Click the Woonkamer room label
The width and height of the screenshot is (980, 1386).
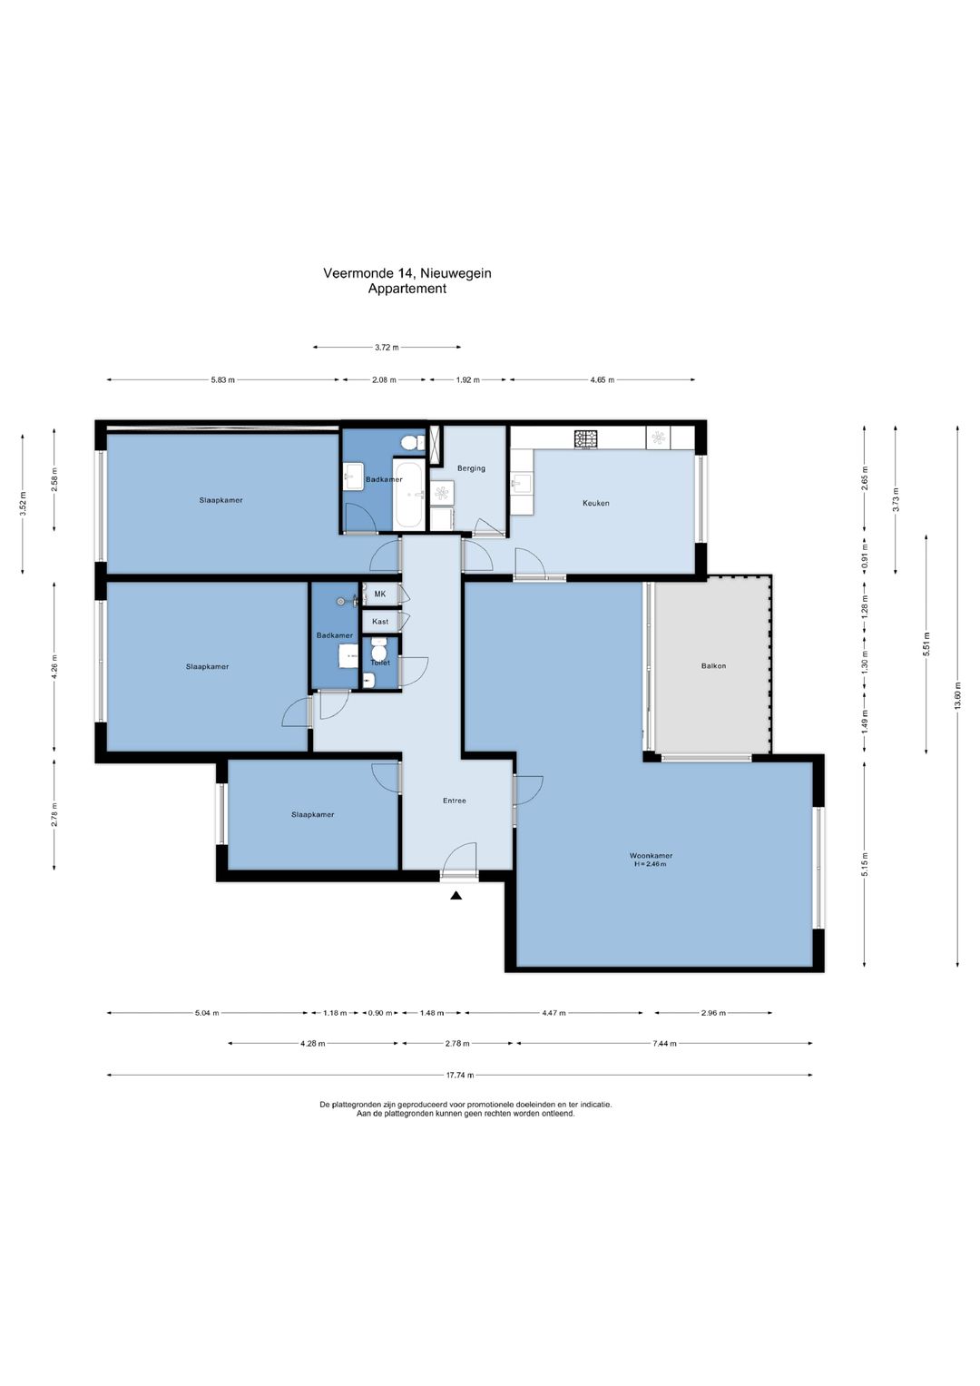[651, 856]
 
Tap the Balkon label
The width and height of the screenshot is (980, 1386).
[713, 666]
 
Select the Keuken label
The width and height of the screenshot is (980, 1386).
[596, 503]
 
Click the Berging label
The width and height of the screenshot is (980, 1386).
[471, 468]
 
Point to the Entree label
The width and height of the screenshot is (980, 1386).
[454, 801]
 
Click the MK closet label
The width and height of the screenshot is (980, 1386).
[380, 594]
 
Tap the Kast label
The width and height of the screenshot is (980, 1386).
[380, 621]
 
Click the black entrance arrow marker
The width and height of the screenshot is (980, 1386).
[456, 895]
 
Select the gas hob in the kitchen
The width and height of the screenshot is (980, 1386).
[586, 438]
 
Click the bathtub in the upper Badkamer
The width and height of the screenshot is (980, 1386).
[408, 495]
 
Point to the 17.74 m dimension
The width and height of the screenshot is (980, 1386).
[460, 1076]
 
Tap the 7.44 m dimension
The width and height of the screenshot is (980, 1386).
[664, 1043]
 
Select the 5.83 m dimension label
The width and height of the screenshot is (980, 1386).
[222, 380]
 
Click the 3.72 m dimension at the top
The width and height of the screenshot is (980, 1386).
[387, 347]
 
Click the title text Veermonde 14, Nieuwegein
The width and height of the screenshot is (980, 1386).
[407, 273]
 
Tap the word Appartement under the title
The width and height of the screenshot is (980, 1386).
[407, 289]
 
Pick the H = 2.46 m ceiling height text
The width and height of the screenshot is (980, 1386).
[651, 864]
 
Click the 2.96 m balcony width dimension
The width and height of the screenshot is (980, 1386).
[713, 1013]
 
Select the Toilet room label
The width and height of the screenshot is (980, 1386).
[380, 663]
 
